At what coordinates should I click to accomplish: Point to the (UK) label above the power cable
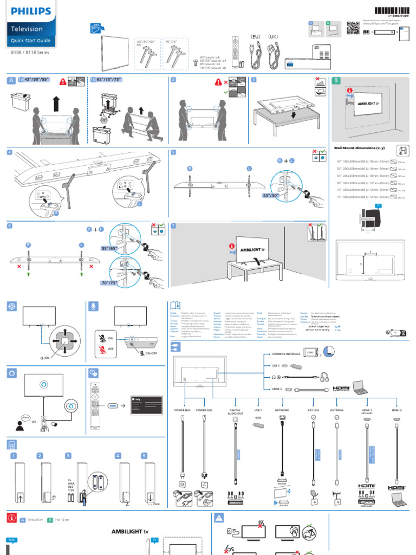coord(272,36)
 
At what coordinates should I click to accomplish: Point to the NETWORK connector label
coord(282,410)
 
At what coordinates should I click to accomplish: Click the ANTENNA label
coord(337,410)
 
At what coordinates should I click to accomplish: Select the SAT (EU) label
coord(313,410)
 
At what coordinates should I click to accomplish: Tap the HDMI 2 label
coord(396,410)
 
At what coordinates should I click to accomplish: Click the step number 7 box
coord(173,225)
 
